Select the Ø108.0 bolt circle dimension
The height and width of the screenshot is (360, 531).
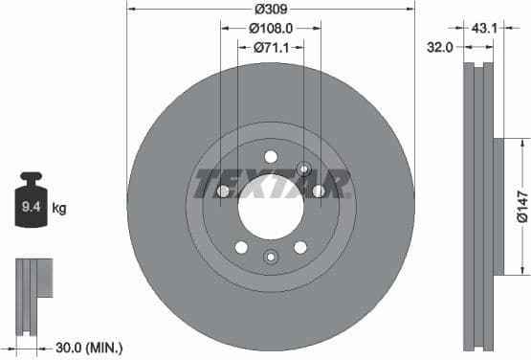271,29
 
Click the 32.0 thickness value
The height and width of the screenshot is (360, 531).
440,44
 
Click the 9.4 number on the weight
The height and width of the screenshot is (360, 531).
31,206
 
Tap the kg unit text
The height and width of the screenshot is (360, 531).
58,207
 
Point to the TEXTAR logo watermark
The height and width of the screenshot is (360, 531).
272,183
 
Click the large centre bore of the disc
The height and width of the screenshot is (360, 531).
270,205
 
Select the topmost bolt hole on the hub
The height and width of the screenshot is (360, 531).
271,156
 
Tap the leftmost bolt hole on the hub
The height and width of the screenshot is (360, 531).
223,191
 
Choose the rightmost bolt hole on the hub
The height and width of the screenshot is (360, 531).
319,191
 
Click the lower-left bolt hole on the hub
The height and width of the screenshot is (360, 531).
241,247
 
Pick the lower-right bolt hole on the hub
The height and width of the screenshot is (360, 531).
300,247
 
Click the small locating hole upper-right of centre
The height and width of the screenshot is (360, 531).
303,169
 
